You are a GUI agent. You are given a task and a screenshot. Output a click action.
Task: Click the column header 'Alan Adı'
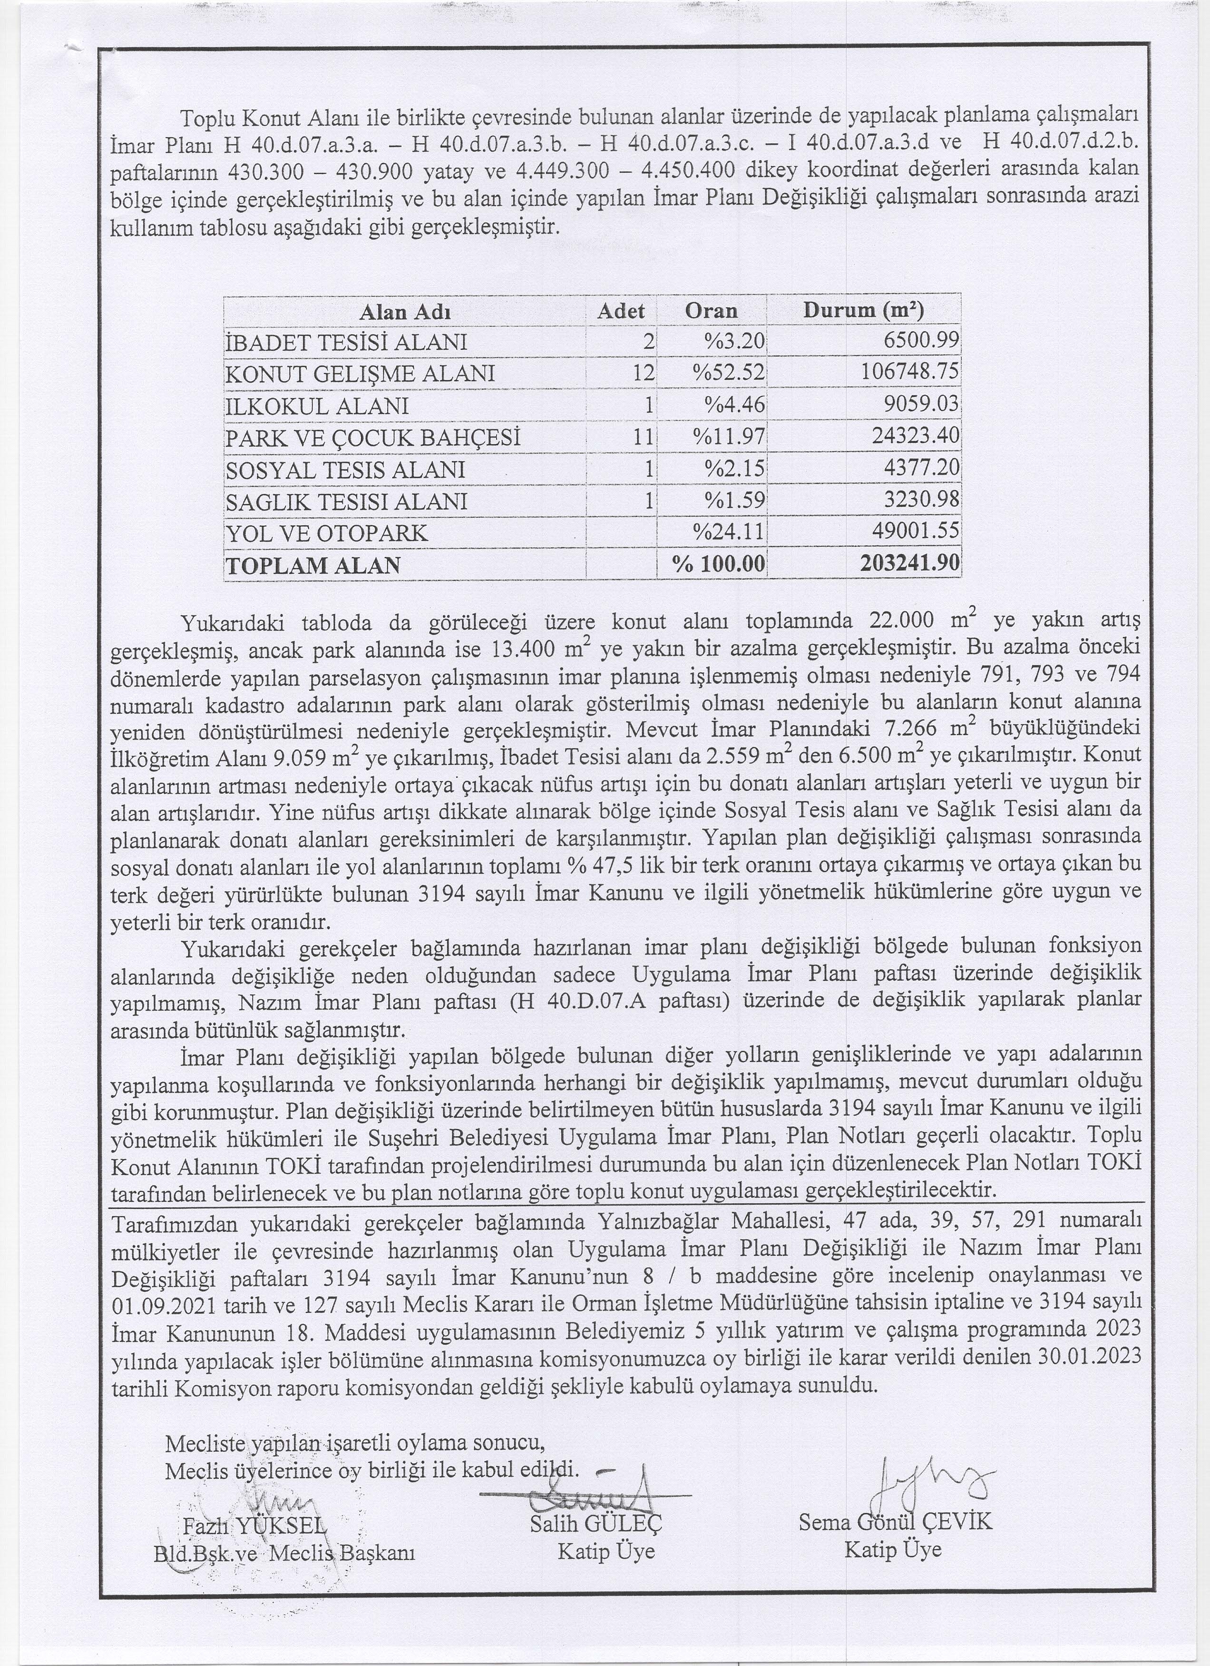[x=405, y=312]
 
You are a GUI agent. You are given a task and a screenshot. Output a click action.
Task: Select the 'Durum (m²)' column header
[x=863, y=310]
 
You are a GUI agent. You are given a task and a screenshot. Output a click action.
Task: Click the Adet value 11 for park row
[x=643, y=438]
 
